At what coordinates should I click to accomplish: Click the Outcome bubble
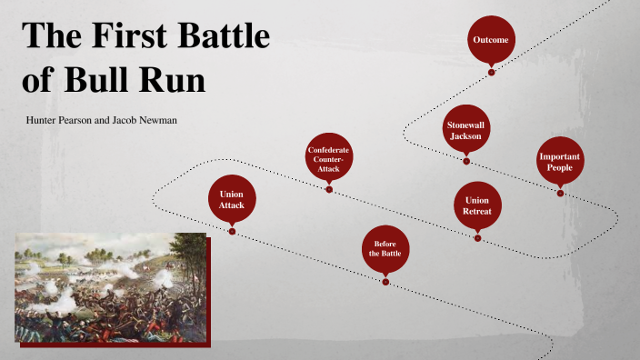point(491,40)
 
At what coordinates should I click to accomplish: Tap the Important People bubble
point(560,162)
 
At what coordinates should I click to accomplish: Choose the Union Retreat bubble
point(477,205)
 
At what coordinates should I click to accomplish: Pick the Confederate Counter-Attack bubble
point(329,157)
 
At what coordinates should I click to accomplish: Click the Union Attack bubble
point(232,199)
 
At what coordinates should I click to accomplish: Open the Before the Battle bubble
point(385,248)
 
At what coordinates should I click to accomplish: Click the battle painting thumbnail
point(109,287)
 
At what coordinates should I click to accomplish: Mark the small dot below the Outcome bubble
point(491,72)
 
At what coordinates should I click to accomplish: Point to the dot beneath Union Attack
point(233,231)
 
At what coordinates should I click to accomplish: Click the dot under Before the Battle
point(385,281)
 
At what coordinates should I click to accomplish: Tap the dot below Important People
point(560,193)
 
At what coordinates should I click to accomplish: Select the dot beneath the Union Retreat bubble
point(477,237)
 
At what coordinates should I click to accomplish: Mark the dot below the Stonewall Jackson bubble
point(466,161)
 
